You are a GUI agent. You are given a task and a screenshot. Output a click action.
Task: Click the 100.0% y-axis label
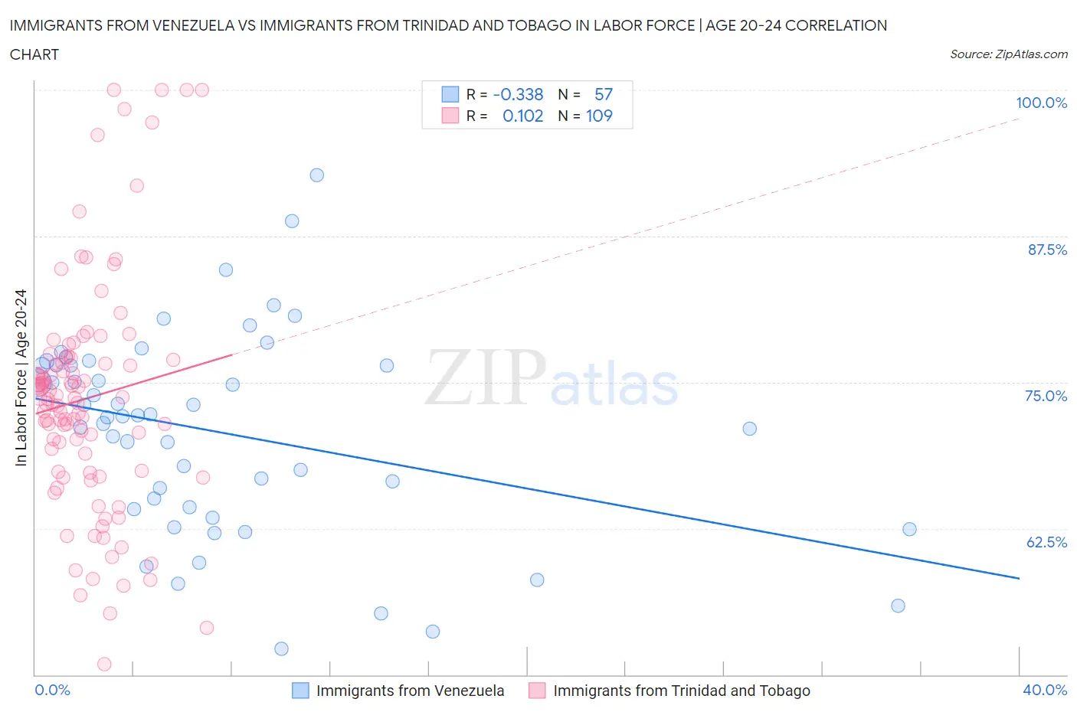click(x=1041, y=103)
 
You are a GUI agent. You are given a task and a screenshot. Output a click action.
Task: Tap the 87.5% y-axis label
click(x=1046, y=250)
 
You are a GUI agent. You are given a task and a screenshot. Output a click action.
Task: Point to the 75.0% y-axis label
click(x=1046, y=396)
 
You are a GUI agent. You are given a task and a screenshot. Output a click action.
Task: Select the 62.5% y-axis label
click(x=1046, y=542)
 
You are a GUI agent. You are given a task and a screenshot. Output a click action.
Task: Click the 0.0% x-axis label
click(x=52, y=690)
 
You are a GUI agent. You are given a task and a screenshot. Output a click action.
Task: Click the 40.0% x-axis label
click(x=1045, y=690)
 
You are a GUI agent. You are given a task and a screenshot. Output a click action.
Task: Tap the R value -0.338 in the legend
click(x=519, y=94)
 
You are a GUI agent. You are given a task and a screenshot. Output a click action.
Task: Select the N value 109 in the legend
click(x=599, y=116)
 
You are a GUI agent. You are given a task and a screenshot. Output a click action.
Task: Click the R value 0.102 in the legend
click(x=522, y=116)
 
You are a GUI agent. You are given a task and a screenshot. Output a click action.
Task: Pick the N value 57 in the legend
click(x=604, y=94)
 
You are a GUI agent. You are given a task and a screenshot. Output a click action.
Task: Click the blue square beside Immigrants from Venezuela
click(x=301, y=691)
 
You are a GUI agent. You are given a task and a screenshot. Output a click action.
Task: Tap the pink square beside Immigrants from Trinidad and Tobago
click(x=537, y=691)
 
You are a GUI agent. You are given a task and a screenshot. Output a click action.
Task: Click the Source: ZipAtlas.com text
click(x=1008, y=54)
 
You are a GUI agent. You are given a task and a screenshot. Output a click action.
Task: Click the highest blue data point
click(x=316, y=175)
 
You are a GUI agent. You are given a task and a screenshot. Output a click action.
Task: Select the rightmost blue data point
click(x=909, y=529)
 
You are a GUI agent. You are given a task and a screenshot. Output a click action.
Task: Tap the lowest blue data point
click(x=281, y=648)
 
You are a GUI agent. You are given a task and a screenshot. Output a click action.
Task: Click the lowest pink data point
click(x=104, y=664)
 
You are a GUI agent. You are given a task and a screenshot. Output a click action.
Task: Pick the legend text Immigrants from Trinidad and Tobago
click(x=681, y=691)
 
